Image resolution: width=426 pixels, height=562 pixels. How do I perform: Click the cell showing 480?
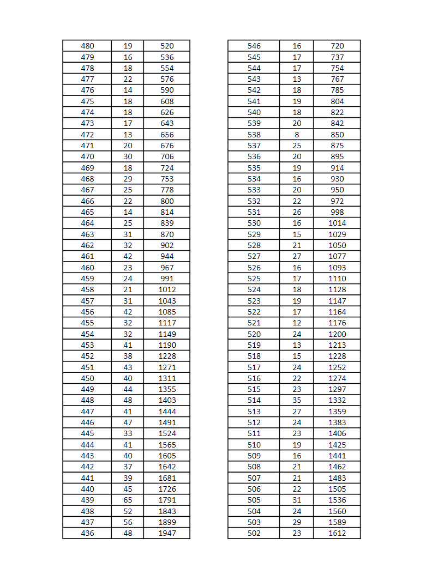87,46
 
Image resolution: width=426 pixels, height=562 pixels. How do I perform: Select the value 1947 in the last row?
167,533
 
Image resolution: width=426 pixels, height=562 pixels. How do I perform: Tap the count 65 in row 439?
128,500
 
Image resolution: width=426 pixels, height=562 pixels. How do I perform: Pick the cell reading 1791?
167,500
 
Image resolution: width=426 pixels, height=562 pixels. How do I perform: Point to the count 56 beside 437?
128,522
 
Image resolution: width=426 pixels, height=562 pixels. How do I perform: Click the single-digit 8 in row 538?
297,135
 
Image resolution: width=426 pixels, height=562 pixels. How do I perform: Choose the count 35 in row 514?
297,400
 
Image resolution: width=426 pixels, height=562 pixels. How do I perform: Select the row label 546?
254,46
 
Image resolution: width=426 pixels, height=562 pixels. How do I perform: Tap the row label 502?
254,533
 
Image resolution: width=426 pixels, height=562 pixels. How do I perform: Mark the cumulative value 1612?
337,533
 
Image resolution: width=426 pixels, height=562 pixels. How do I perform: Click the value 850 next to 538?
337,135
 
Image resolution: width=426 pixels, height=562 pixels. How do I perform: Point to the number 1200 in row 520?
337,334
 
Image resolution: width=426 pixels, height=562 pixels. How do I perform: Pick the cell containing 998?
337,212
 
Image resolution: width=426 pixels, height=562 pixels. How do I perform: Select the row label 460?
87,268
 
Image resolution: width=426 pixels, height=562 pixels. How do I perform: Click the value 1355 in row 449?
167,389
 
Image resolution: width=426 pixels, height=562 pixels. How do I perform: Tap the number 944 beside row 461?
167,256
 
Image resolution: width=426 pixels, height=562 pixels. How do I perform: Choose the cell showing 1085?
167,312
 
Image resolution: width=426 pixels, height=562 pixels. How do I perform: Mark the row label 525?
254,279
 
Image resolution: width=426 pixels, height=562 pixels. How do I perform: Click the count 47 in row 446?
128,422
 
